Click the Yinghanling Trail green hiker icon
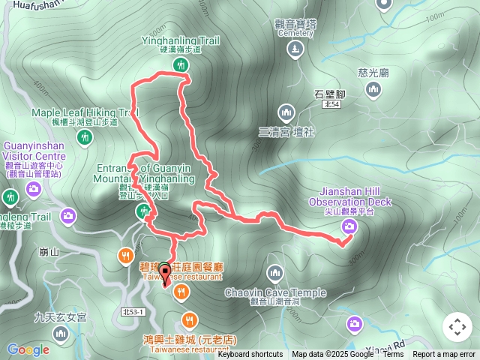pos(181,65)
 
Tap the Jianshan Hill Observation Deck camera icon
pos(349,226)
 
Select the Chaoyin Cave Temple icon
pos(274,271)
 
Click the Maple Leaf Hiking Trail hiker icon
pos(85,136)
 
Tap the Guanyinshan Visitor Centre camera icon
pos(33,190)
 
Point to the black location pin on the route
pos(165,272)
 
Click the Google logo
pos(28,349)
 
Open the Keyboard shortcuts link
pos(250,355)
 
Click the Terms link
pos(393,355)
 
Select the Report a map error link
pos(444,355)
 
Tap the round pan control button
pos(457,327)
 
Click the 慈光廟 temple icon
pos(373,90)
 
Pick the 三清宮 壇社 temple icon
pos(285,114)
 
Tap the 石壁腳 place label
pos(329,94)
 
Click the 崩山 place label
pos(47,252)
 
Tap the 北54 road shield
pos(331,105)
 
